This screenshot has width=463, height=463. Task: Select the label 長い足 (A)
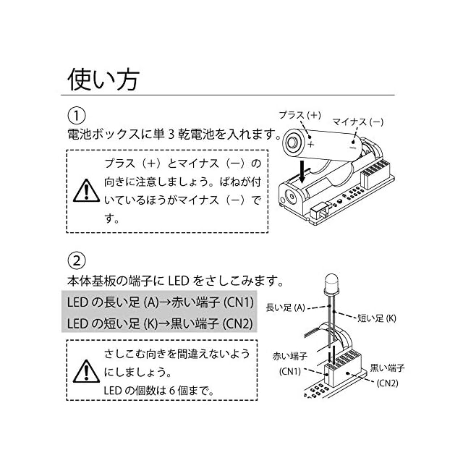coord(285,307)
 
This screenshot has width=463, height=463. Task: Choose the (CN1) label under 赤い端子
coord(290,371)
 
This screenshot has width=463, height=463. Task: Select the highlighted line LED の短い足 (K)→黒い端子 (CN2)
coord(159,323)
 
